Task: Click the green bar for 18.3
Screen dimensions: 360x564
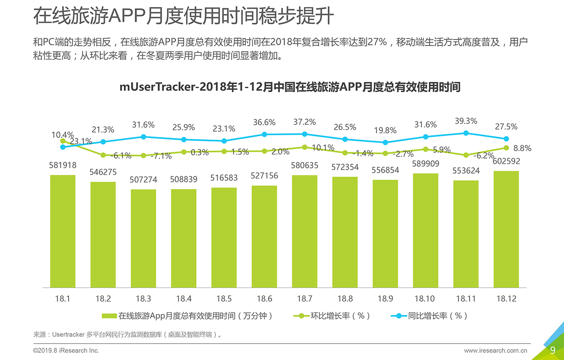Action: [143, 238]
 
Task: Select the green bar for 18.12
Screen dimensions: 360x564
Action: [506, 229]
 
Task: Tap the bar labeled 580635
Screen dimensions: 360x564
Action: [304, 231]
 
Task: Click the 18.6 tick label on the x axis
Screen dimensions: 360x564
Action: [264, 299]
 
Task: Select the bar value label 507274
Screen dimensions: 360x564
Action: [143, 180]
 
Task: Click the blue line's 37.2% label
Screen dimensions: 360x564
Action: [304, 122]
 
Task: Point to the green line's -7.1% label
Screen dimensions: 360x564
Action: [161, 156]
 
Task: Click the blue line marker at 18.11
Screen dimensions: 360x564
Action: [466, 133]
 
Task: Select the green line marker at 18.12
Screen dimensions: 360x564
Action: [506, 148]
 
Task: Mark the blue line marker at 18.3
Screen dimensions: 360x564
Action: [143, 137]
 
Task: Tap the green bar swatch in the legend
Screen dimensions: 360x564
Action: [109, 316]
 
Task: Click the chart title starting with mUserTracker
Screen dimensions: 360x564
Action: [290, 87]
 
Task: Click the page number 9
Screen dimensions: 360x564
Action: [553, 350]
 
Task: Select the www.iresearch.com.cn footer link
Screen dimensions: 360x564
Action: [495, 351]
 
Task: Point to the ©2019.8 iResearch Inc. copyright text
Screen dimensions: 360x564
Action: [66, 351]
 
